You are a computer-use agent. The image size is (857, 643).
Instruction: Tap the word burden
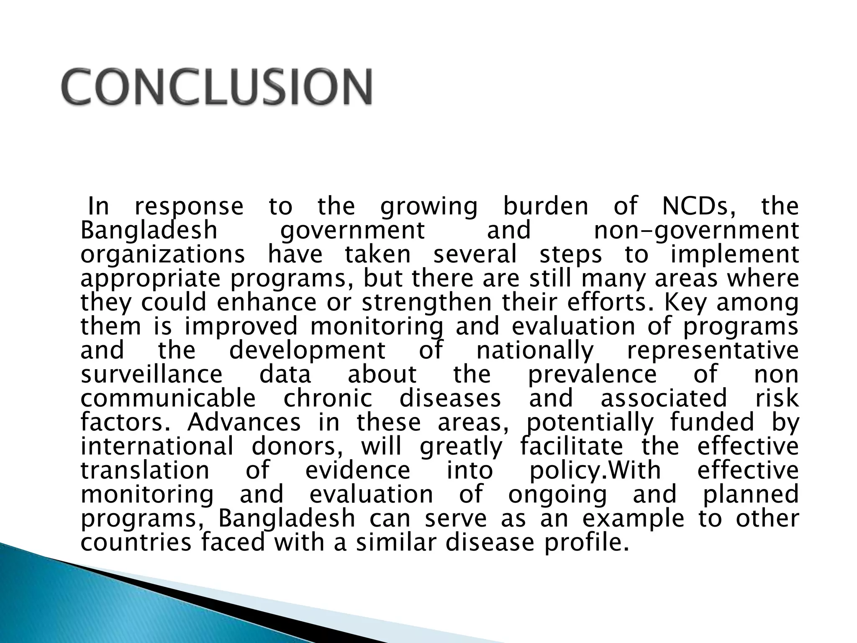pos(546,206)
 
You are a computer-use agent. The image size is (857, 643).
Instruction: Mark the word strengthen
pos(426,303)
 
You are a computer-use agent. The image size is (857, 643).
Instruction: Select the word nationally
pos(535,351)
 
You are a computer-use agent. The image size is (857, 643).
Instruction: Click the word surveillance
pos(151,374)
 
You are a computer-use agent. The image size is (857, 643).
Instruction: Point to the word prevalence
pos(592,375)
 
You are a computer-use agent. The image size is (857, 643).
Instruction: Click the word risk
pos(777,398)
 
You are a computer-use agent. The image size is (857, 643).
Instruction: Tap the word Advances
pos(244,422)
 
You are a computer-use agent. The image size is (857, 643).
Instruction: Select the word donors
pos(297,446)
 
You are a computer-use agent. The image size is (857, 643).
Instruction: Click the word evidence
pos(358,470)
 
